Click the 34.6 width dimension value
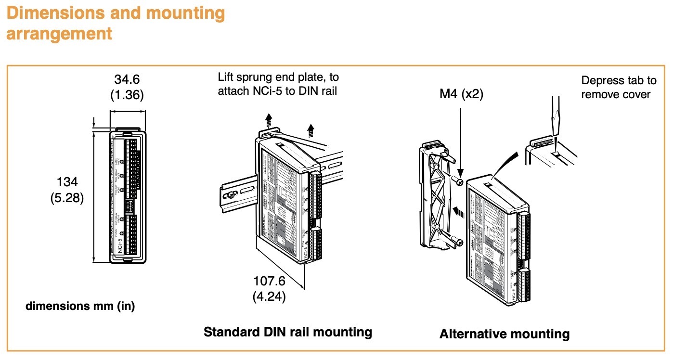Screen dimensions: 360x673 point(127,79)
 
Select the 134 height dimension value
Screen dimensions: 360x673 point(67,182)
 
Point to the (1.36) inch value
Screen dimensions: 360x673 point(127,95)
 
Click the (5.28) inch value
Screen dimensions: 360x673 point(67,198)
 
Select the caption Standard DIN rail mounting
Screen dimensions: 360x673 point(288,332)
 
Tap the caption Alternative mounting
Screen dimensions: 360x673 point(504,334)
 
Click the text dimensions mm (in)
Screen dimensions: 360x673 point(80,306)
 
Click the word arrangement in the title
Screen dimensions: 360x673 point(59,34)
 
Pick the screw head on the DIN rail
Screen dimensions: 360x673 point(232,195)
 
